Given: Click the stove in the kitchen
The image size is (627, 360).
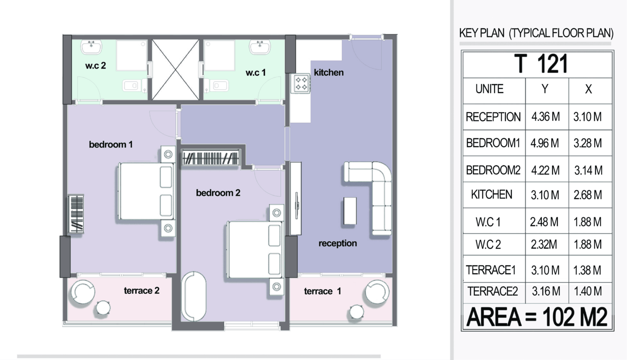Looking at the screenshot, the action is coord(300,83).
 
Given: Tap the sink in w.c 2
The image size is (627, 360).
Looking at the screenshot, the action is coord(91,47).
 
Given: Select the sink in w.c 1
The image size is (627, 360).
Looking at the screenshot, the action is coord(260,47).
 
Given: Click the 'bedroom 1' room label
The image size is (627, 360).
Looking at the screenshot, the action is coord(111,145).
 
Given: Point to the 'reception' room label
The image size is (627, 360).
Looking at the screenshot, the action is coord(337,243).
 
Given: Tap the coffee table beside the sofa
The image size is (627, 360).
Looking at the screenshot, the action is coord(350,211).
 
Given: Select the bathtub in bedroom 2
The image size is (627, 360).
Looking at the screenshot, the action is coord(194,297).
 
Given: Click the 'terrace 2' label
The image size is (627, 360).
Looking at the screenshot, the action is coord(141,291).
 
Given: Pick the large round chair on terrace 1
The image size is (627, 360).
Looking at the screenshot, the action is coord(377,292).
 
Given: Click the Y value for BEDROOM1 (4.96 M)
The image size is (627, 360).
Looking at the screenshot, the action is coord(544,143).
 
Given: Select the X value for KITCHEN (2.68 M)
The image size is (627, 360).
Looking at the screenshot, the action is coord(587,195).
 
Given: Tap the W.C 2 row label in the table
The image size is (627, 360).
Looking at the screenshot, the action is coord(488,244).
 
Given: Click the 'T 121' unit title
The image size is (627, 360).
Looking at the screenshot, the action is coord(541,64).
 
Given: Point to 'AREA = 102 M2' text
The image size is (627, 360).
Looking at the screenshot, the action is coord(537,317).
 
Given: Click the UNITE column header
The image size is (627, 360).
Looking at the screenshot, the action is coord(489,89).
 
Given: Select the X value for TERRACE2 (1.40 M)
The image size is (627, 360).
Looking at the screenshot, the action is coord(587,291).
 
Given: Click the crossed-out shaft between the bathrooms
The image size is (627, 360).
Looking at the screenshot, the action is coord(176,70).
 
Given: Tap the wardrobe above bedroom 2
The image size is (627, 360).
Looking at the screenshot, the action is coord(210,157).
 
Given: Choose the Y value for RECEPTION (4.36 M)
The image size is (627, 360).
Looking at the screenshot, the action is coord(545,117).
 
